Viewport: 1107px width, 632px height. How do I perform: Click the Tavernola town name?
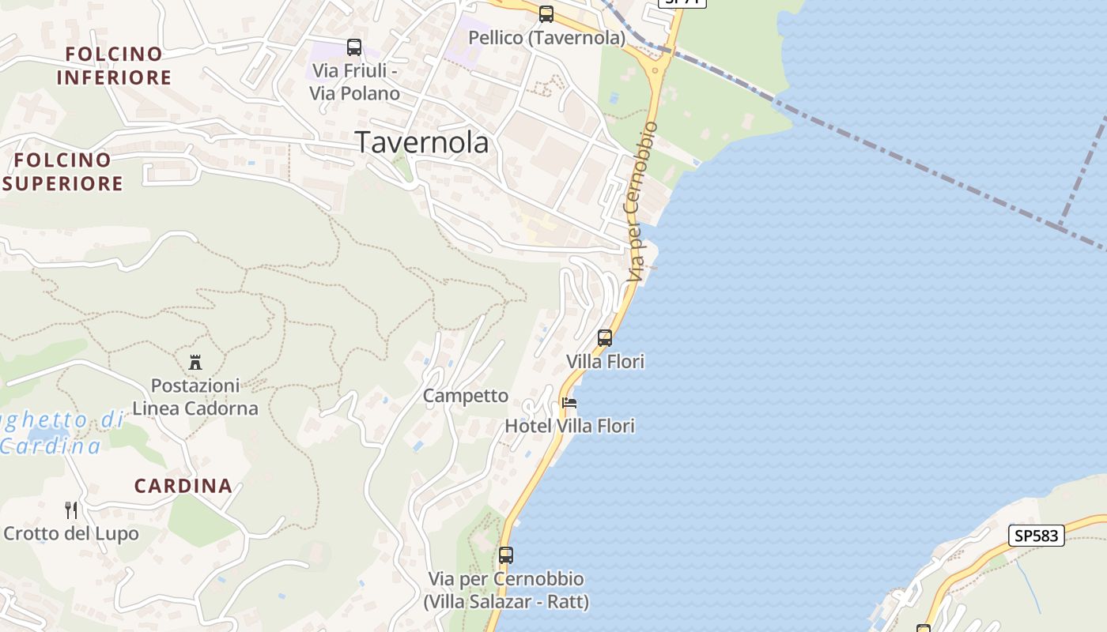(421, 142)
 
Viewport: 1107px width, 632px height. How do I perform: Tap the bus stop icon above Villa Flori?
(605, 338)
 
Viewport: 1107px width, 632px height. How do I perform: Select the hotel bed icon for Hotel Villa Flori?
(569, 403)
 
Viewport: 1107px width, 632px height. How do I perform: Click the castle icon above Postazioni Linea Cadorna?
(195, 363)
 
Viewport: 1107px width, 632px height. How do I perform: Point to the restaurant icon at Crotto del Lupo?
(71, 510)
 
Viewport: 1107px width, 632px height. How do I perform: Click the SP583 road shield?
(1037, 536)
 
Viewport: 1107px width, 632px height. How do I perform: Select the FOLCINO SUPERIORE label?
(63, 171)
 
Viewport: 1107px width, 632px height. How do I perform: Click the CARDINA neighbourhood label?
(183, 486)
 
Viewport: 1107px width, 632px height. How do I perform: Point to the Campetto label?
(466, 396)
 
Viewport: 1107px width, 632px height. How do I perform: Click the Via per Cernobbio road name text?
(641, 202)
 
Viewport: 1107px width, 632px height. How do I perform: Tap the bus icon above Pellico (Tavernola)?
(546, 13)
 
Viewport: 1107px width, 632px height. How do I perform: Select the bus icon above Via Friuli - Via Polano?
(353, 47)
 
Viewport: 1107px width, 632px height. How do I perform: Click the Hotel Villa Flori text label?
(569, 426)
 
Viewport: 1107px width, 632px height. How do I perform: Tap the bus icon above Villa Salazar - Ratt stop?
(506, 555)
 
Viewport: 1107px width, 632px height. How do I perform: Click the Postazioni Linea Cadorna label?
(195, 397)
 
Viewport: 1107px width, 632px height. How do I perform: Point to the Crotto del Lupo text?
(71, 533)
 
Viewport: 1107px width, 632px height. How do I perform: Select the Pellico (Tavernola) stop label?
(546, 37)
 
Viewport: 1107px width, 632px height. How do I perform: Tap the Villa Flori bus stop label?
(605, 361)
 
